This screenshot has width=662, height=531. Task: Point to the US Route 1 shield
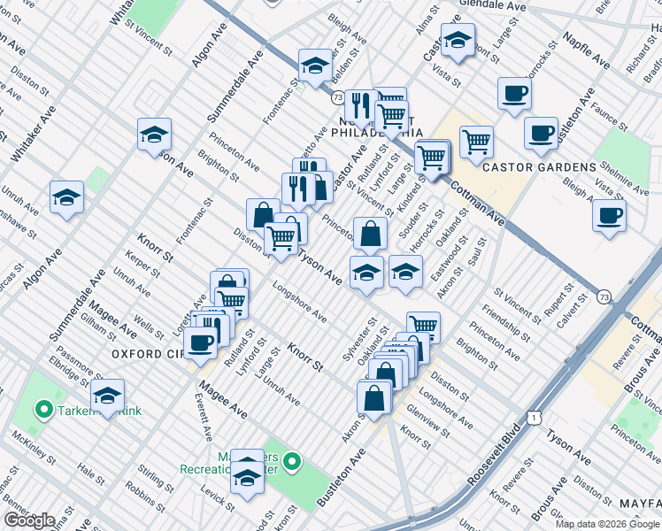tap(532, 415)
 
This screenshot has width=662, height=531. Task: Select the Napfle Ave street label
tap(587, 50)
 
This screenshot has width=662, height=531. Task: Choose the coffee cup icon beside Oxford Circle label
tap(201, 343)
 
